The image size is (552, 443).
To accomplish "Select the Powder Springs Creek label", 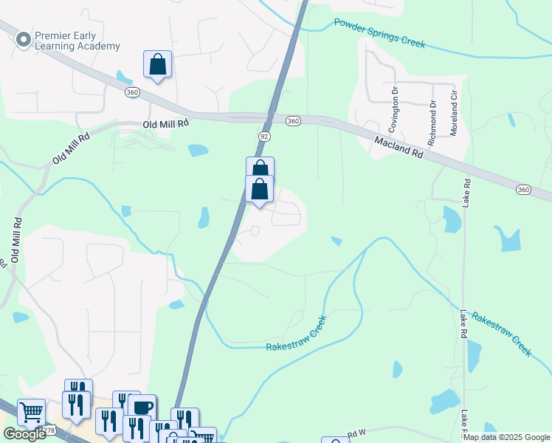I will [x=379, y=33].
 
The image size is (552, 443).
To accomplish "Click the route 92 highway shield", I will [x=263, y=137].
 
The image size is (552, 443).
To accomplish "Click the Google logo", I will [x=24, y=434].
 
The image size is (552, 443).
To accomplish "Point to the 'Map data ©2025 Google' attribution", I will [x=506, y=437].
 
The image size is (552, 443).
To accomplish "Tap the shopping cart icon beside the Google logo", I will [x=31, y=411].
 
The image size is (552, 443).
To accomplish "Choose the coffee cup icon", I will [x=142, y=407].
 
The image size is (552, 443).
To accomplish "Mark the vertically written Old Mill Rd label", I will [x=15, y=241].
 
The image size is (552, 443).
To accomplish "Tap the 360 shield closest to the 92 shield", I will [x=293, y=120].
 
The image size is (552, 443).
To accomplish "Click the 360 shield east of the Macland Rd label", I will [x=523, y=190].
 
